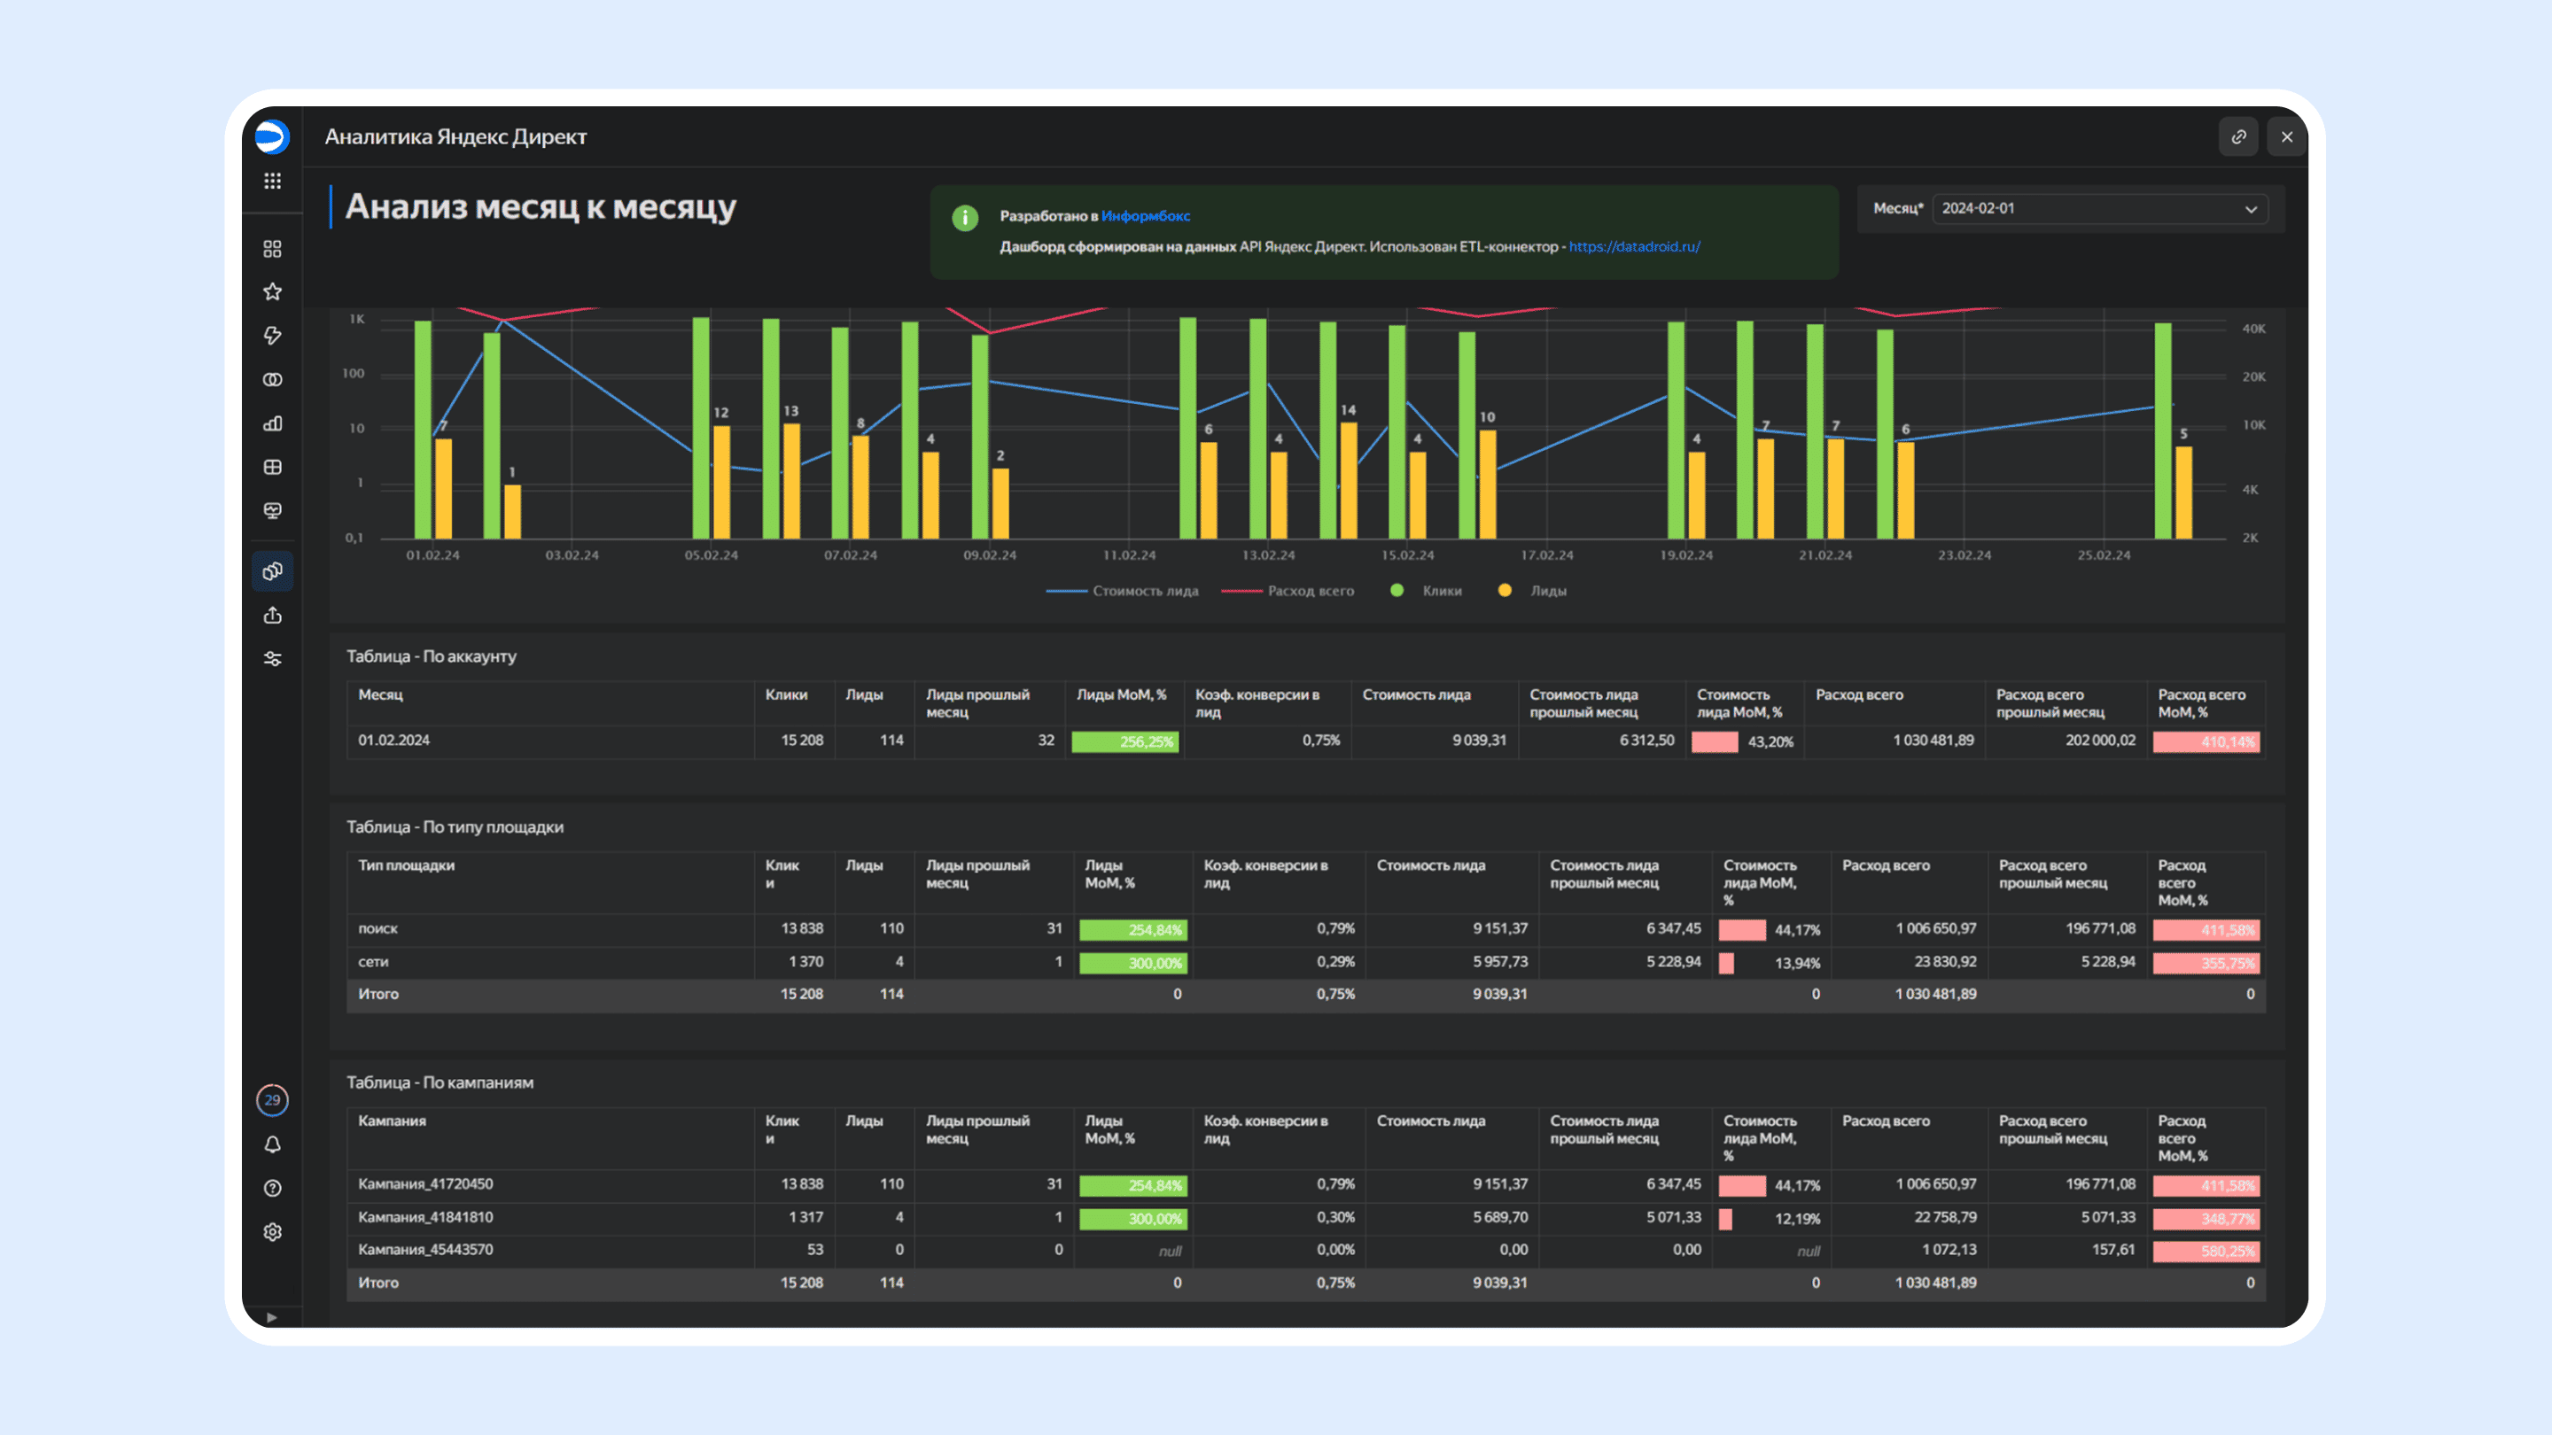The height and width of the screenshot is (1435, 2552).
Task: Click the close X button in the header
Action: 2286,136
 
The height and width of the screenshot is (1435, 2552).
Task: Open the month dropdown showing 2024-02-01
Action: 2099,209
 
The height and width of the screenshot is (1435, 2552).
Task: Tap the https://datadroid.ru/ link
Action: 1635,246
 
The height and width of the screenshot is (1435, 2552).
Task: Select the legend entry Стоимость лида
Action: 1123,591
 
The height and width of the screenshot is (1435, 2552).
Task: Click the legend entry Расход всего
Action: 1288,591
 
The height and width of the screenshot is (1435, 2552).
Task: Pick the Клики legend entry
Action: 1427,591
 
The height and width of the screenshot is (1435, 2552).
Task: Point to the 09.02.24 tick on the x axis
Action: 990,555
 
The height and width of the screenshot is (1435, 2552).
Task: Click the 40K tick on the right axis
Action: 2253,329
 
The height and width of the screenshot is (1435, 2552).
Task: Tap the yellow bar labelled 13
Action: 791,481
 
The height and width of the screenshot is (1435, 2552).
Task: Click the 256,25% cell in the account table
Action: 1125,741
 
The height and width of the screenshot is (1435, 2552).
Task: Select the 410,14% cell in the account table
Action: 2206,741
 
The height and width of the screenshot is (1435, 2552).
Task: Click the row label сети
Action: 372,962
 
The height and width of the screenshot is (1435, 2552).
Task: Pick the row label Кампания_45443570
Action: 425,1250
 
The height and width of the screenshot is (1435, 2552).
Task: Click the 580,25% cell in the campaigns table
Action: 2206,1251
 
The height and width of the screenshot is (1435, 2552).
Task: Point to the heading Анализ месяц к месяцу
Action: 540,207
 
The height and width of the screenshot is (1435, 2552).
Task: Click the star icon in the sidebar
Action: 272,292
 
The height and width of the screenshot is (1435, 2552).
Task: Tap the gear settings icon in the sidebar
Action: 272,1232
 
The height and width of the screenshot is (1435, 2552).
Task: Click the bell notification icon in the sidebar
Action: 272,1144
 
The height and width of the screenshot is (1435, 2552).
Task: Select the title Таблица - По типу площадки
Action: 455,827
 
